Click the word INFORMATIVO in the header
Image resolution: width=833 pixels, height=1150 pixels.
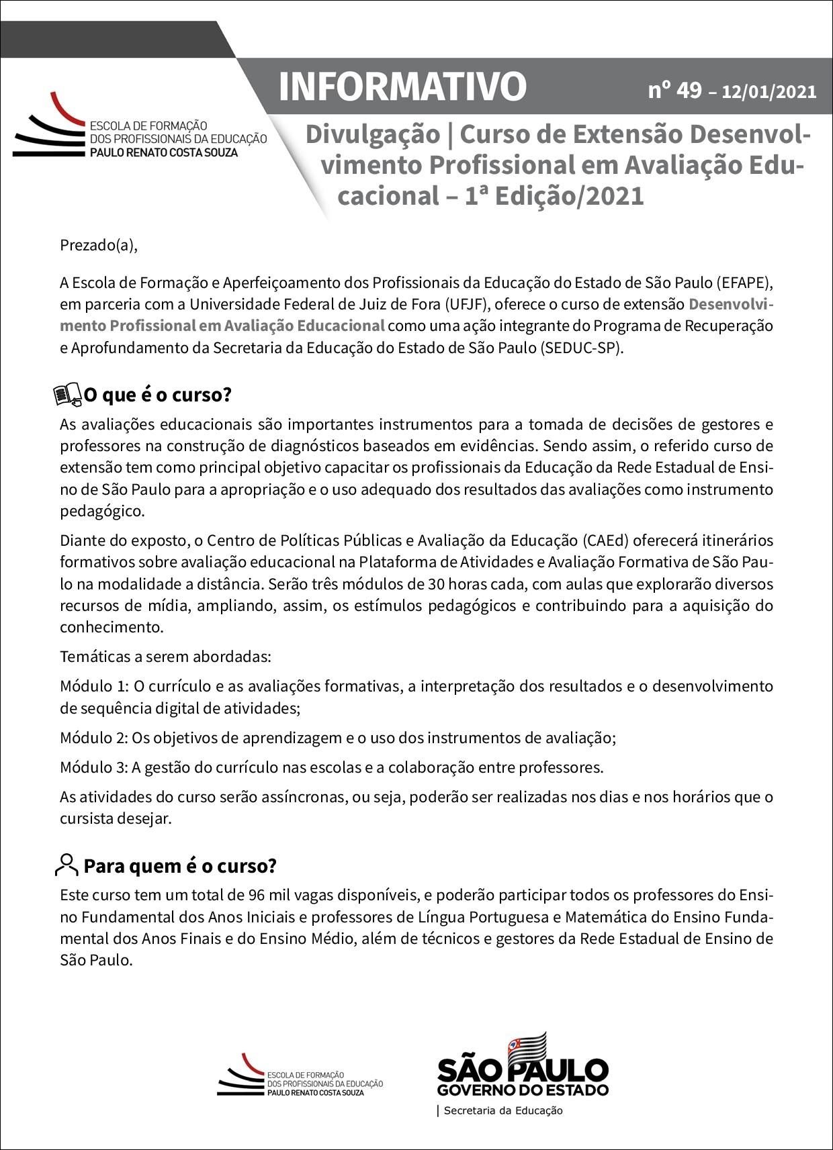[402, 87]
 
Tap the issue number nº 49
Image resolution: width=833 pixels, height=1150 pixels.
[674, 89]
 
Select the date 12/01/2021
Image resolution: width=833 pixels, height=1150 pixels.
[769, 92]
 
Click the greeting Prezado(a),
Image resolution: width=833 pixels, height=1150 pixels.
[99, 245]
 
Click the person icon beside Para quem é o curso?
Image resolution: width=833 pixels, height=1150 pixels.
[67, 865]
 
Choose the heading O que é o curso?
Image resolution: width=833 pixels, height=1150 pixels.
[158, 395]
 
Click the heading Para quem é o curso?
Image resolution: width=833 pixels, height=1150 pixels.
[180, 866]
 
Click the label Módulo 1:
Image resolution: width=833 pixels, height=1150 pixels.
[94, 687]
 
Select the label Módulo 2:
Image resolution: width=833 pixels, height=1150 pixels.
[93, 738]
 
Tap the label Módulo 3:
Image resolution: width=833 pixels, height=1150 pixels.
[93, 767]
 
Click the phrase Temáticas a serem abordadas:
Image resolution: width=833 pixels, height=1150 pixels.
[165, 656]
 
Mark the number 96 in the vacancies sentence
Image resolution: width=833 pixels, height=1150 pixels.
[256, 896]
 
